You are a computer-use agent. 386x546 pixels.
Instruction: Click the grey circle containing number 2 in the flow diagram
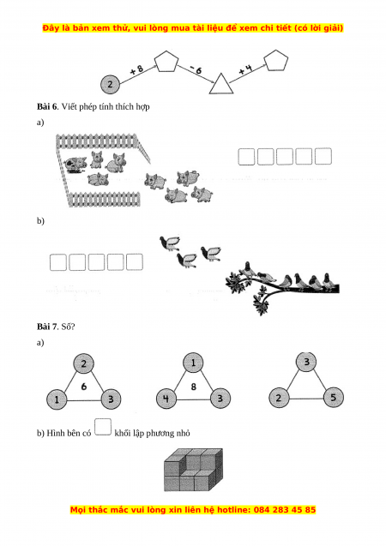click(110, 84)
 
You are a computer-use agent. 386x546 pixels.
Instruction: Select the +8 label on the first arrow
click(136, 69)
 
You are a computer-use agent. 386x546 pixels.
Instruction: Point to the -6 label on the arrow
click(196, 70)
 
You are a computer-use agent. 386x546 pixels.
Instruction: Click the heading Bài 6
click(46, 106)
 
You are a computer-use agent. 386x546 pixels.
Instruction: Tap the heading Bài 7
click(46, 327)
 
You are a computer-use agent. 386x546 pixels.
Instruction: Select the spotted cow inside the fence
click(75, 165)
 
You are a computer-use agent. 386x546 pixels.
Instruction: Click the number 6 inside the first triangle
click(83, 387)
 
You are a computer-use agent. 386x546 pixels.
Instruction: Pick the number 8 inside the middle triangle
click(194, 387)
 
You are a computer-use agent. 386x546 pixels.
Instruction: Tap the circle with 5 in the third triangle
click(333, 398)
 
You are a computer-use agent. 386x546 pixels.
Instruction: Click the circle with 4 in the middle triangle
click(166, 399)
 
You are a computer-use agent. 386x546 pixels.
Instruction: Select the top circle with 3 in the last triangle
click(306, 362)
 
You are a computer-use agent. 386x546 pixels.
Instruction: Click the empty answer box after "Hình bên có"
click(103, 427)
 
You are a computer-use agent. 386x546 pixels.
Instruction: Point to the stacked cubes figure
click(193, 470)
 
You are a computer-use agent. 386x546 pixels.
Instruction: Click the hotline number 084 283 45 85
click(285, 510)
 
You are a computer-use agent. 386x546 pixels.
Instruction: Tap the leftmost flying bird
click(170, 243)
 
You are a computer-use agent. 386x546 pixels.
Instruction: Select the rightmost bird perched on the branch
click(327, 281)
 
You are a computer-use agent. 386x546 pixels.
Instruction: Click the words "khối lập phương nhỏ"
click(152, 433)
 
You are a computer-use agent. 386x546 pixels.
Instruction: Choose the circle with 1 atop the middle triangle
click(193, 363)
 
